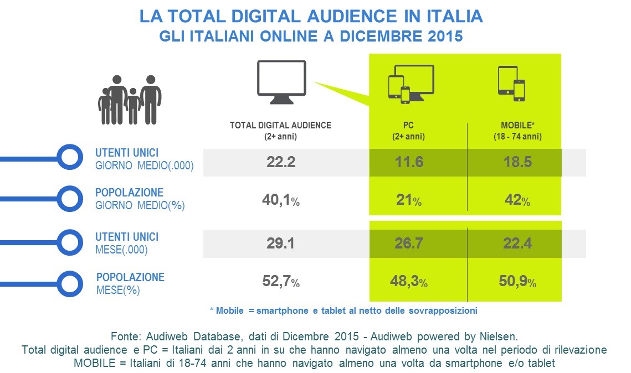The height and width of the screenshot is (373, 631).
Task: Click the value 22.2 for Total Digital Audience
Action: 280,162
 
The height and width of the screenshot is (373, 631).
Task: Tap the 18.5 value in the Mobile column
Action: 515,162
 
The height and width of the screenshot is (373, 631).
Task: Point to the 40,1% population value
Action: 280,201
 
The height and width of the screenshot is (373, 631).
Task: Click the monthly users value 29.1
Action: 280,243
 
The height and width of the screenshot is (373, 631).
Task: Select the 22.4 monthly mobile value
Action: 515,243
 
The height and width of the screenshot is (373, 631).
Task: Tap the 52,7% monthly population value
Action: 280,282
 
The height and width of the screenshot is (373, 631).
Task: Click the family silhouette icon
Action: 130,100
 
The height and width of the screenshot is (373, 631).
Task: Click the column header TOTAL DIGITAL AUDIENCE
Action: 280,126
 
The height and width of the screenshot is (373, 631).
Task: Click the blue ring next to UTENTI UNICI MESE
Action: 70,243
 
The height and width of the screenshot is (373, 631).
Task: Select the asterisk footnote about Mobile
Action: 343,310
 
